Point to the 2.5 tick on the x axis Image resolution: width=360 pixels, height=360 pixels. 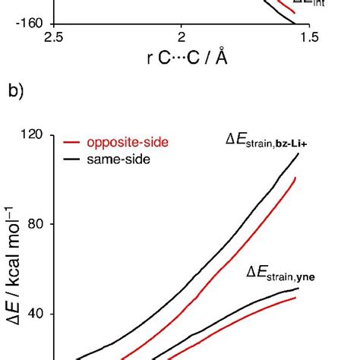54,37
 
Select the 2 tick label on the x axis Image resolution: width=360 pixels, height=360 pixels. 181,37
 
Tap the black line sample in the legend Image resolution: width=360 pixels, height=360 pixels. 72,158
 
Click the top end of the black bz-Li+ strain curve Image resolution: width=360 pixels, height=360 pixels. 298,153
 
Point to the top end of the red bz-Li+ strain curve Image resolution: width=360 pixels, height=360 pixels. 295,178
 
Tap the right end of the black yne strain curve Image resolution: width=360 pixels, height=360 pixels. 298,288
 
